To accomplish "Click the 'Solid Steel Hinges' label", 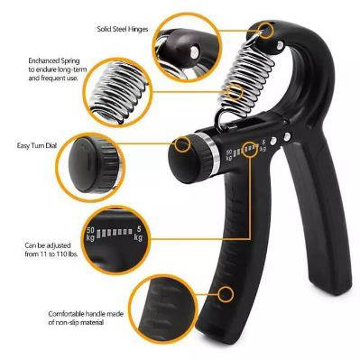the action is [x=123, y=29].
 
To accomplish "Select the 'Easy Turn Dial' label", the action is [x=36, y=146].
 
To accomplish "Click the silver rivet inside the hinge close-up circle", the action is [x=195, y=51].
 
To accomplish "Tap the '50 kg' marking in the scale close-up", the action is [x=90, y=235].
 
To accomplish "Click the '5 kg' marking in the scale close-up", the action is [x=138, y=234].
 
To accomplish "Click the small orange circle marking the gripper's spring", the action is [x=235, y=92].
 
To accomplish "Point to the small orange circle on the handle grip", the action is [x=226, y=294].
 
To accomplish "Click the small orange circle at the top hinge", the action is [x=266, y=31].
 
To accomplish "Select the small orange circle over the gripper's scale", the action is [x=250, y=149].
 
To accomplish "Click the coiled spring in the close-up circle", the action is [x=118, y=90].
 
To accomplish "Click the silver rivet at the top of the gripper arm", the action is [x=280, y=46].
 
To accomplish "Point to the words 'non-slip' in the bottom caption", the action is [x=69, y=323].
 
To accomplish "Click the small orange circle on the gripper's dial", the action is [x=182, y=143].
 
